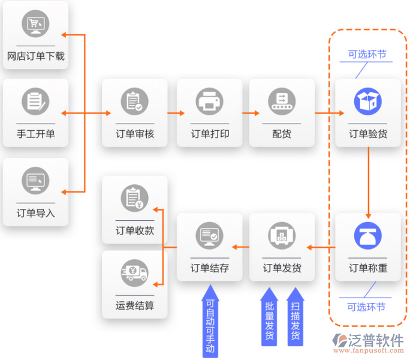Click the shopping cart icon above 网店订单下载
(x=35, y=25)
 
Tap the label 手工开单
(x=35, y=134)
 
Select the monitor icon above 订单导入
(x=35, y=180)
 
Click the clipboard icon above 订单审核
(x=134, y=101)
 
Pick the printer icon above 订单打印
(x=210, y=101)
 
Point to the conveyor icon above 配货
(x=281, y=101)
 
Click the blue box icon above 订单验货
(x=367, y=101)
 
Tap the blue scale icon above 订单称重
(x=367, y=235)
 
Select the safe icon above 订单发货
(x=281, y=235)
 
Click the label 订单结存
(x=210, y=268)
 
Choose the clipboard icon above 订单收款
(x=134, y=198)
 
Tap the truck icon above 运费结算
(x=134, y=273)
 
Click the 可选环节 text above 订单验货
(x=367, y=55)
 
